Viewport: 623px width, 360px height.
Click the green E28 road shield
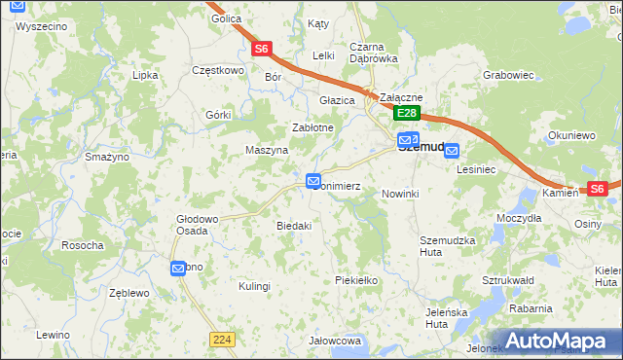pos(407,114)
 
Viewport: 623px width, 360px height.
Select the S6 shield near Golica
pos(260,48)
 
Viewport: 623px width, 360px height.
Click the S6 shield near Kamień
pos(596,189)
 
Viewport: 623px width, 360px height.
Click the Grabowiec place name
pos(509,73)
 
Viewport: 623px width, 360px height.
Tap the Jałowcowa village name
pos(336,341)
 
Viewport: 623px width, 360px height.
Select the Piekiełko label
pos(355,279)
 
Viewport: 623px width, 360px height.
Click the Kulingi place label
pos(254,286)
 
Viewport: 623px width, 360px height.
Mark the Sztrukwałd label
pos(508,280)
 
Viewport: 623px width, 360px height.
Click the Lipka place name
pos(145,74)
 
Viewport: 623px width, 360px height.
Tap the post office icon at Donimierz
pos(313,181)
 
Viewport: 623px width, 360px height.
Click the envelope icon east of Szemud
pos(452,150)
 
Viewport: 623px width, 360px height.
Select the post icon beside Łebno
pos(178,268)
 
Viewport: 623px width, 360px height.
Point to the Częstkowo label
pos(217,70)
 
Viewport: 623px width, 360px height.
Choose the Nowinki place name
pos(399,194)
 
